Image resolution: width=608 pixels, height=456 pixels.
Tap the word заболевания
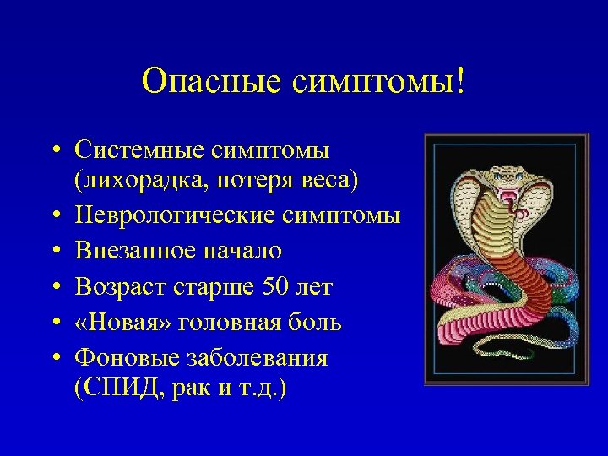(x=252, y=358)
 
